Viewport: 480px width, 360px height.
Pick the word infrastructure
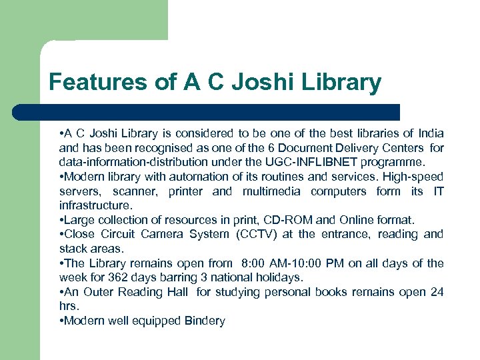tap(96, 205)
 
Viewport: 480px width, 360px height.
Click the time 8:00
tap(257, 263)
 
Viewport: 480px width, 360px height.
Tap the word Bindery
tap(204, 321)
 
